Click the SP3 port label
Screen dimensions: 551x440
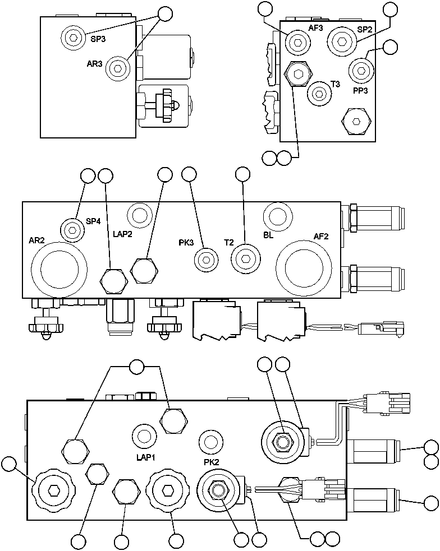point(98,39)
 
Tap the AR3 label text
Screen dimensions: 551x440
point(94,64)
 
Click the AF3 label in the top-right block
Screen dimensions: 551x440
point(316,28)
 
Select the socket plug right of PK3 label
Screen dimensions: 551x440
point(205,260)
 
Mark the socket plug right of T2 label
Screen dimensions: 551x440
point(245,259)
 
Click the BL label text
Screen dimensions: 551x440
point(268,235)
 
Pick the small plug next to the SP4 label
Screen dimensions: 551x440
point(71,229)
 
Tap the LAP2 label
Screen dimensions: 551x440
point(122,235)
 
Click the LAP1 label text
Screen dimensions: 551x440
point(146,457)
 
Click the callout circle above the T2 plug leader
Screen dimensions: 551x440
point(242,175)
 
